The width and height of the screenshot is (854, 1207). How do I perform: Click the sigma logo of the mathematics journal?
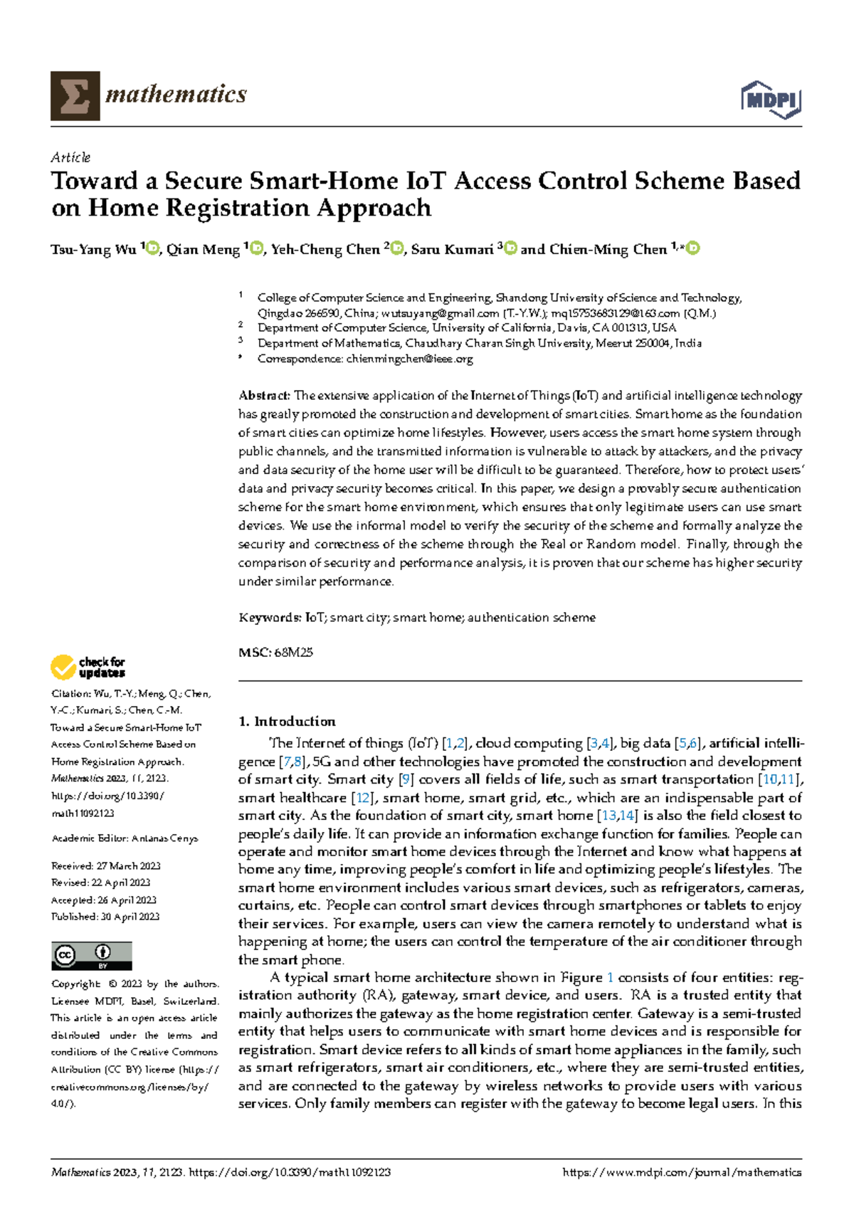75,95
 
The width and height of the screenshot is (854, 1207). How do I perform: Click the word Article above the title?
70,157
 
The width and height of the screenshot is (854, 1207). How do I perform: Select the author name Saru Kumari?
452,249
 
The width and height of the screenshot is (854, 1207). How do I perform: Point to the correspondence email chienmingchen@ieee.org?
409,359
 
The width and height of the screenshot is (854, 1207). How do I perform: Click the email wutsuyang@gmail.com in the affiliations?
440,313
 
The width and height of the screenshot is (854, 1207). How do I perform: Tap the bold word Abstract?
264,396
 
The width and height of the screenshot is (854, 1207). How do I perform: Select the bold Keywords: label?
270,618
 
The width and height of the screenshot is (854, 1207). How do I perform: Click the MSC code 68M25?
293,652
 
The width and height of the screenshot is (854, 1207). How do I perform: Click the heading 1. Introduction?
287,721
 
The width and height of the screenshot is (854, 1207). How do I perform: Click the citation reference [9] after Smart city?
406,779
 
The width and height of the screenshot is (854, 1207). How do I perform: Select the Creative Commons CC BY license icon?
92,956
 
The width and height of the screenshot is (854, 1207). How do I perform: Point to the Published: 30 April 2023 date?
105,917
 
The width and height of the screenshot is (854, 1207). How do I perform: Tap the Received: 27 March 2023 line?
105,866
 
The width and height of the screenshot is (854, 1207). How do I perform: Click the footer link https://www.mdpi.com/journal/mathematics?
681,1172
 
